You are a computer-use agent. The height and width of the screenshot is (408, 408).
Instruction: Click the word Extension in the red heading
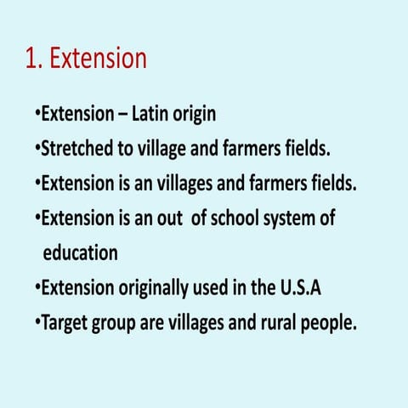[x=99, y=59]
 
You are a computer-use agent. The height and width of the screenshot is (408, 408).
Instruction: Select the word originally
[x=154, y=288]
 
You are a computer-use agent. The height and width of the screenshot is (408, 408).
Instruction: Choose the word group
[x=112, y=324]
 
